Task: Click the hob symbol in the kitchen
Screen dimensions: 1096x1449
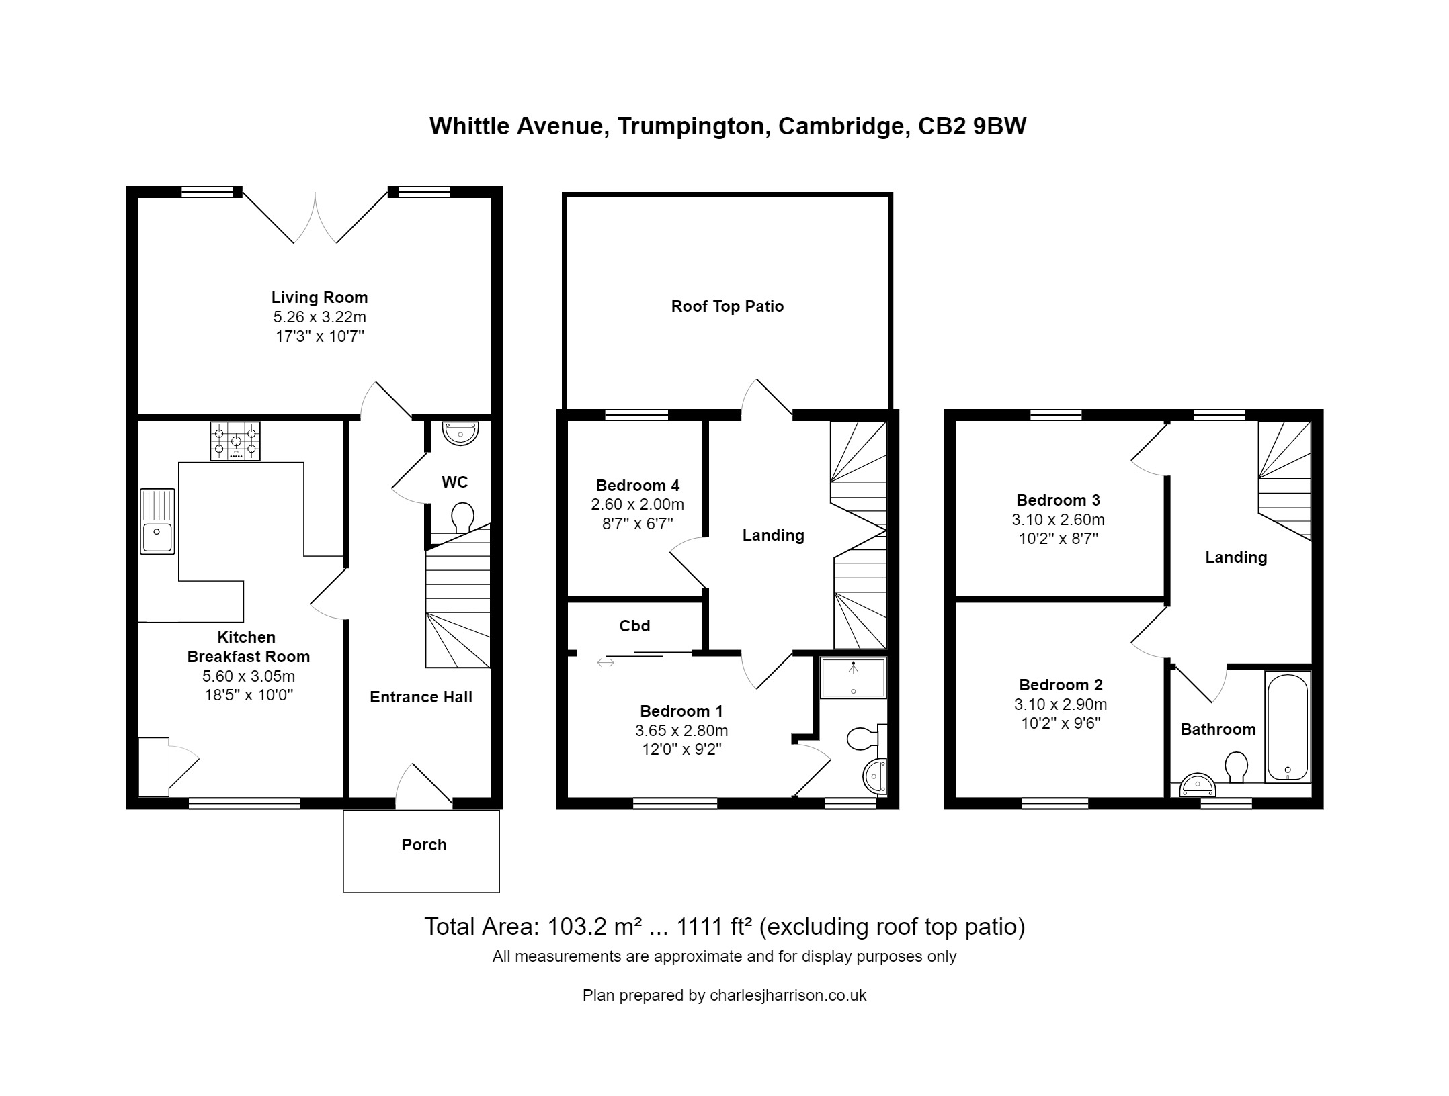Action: click(x=235, y=441)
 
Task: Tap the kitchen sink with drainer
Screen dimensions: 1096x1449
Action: click(x=157, y=521)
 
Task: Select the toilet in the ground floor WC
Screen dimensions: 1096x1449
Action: click(x=462, y=518)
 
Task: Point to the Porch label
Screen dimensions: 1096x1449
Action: click(x=423, y=845)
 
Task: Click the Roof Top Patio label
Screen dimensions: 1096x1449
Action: click(x=727, y=306)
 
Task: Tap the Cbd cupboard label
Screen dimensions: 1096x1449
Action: click(x=634, y=626)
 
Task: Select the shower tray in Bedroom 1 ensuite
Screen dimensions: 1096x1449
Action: click(x=853, y=678)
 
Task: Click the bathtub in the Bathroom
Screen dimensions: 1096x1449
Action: click(x=1287, y=727)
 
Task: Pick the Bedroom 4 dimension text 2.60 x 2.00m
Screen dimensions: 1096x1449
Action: click(x=637, y=504)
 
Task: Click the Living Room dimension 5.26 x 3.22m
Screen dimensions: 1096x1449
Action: click(x=319, y=317)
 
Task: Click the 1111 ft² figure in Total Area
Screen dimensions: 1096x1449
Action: click(x=713, y=927)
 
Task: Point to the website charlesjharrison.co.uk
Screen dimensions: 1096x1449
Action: click(x=788, y=995)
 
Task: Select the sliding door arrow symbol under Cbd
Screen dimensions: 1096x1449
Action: click(x=605, y=663)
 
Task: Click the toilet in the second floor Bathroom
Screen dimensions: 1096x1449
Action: click(x=1237, y=766)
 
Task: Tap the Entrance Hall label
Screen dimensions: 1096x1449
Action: click(x=421, y=697)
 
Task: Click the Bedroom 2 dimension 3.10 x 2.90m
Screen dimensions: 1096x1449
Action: click(x=1061, y=704)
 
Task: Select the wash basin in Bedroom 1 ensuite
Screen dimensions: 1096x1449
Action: click(x=874, y=776)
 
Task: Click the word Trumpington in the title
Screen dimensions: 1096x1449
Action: click(x=694, y=126)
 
